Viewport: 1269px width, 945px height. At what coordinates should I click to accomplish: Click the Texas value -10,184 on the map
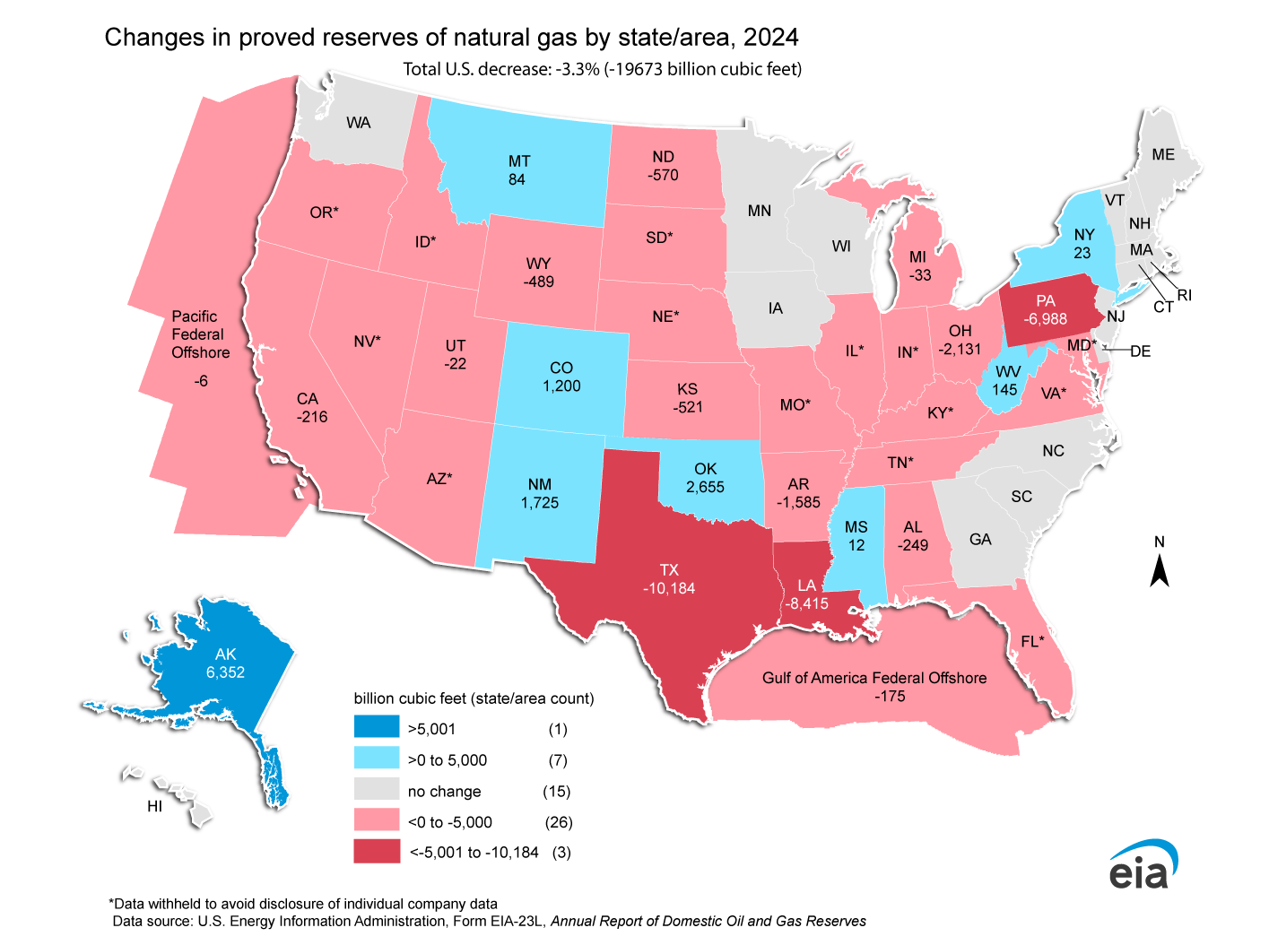tap(669, 589)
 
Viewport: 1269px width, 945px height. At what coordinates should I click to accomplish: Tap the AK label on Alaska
tap(225, 655)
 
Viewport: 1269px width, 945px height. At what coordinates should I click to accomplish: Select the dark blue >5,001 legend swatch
tap(377, 727)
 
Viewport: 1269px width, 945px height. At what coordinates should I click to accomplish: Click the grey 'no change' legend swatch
tap(377, 789)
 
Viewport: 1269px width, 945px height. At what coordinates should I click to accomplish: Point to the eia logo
tap(1143, 866)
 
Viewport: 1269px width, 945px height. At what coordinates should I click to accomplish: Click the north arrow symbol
tap(1160, 570)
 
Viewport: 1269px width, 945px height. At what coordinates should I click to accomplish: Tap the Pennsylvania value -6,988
tap(1046, 319)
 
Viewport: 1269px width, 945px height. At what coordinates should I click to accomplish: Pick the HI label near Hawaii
tap(155, 806)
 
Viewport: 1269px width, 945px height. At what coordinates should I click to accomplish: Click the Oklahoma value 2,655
tap(705, 487)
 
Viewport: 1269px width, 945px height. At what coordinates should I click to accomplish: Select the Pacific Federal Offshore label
tap(200, 334)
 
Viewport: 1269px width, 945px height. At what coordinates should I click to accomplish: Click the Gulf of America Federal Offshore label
tap(874, 678)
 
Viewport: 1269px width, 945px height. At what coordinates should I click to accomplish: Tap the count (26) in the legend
tap(559, 822)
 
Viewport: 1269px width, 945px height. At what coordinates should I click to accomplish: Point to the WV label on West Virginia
tap(1008, 372)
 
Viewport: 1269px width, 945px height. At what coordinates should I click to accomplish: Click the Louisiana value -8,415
tap(807, 604)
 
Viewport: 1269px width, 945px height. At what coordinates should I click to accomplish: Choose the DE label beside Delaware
tap(1140, 351)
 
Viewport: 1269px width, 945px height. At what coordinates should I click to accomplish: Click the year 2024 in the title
tap(770, 37)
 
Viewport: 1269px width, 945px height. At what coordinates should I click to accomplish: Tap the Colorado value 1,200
tap(561, 386)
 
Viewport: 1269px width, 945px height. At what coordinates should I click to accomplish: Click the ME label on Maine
tap(1163, 155)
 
